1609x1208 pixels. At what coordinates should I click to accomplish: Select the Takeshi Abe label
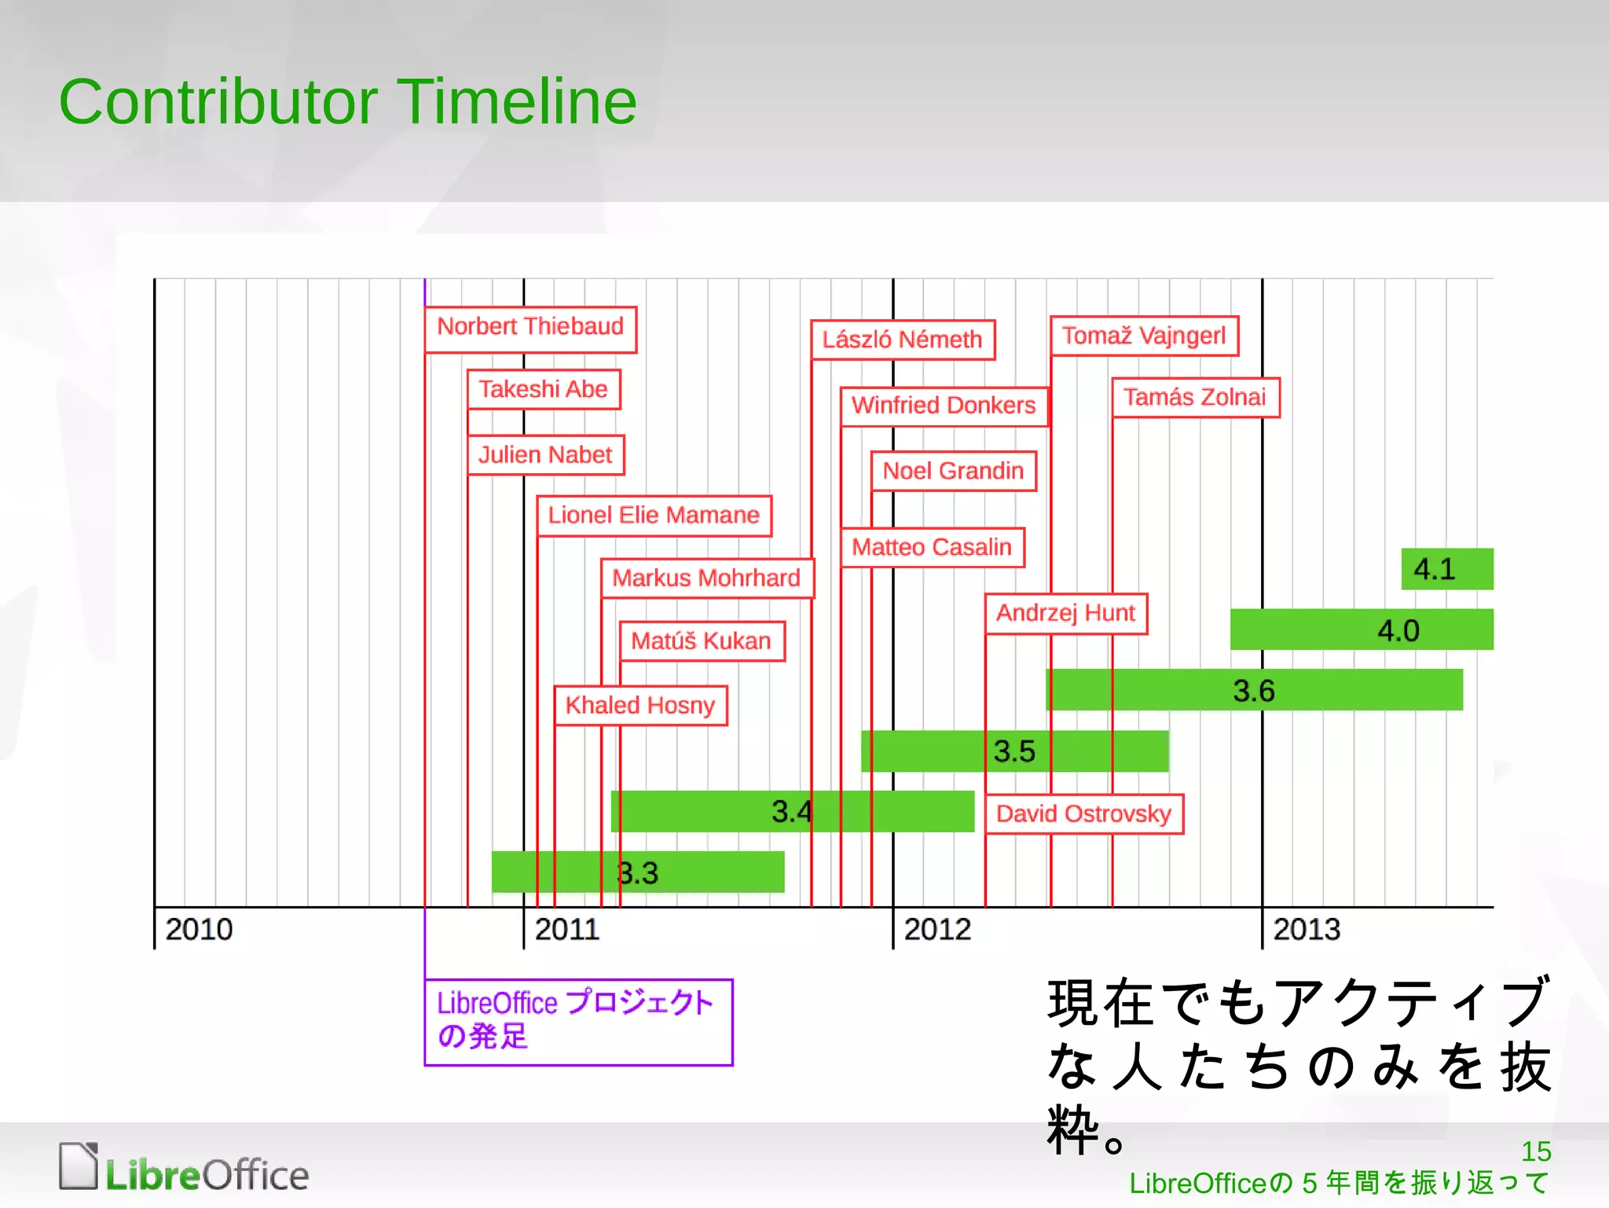(x=544, y=389)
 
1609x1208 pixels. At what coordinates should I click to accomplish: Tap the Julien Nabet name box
(x=545, y=455)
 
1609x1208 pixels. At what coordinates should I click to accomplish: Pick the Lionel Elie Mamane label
(x=654, y=516)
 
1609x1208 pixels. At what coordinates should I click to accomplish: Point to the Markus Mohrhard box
(x=706, y=578)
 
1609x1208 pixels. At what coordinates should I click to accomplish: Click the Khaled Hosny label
(x=640, y=705)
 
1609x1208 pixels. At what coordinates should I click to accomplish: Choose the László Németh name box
(x=902, y=340)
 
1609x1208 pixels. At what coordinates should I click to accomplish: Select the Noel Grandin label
(x=953, y=471)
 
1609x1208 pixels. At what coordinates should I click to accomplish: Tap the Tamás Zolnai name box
(x=1195, y=398)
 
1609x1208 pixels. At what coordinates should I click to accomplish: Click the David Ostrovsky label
(x=1083, y=813)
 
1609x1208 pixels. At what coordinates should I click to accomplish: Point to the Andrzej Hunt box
(x=1065, y=613)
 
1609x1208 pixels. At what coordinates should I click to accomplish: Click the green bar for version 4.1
(x=1446, y=568)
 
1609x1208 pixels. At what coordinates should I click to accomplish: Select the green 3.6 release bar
(x=1254, y=690)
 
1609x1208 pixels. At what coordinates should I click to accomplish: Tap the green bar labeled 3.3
(x=637, y=872)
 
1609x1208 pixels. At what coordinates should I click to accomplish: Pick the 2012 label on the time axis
(x=937, y=930)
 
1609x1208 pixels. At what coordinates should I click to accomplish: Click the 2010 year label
(x=199, y=930)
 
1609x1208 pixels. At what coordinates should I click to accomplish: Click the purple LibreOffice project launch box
(x=577, y=1022)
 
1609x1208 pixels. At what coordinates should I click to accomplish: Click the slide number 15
(x=1536, y=1151)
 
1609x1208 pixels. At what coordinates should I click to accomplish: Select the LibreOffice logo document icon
(x=79, y=1166)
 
